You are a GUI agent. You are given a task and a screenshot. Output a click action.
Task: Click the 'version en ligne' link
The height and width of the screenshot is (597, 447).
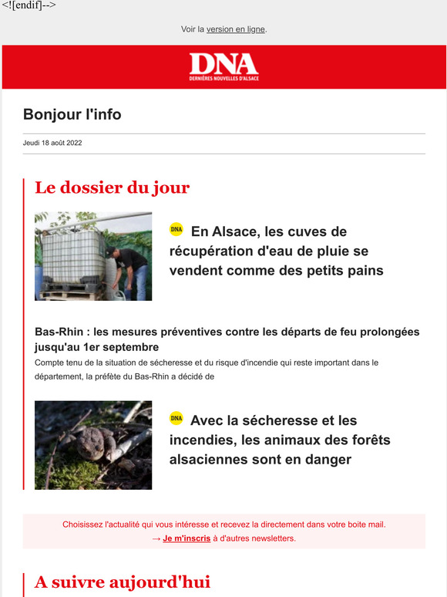point(235,29)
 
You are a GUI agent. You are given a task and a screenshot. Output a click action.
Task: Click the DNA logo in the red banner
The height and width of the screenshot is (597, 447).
point(223,66)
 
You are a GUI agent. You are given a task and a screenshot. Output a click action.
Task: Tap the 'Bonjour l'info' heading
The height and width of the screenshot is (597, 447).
point(72,115)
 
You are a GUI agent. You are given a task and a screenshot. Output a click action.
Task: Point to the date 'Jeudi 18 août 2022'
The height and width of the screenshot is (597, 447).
point(52,143)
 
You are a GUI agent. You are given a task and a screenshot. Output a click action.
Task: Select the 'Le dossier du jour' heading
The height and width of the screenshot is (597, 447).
point(112,187)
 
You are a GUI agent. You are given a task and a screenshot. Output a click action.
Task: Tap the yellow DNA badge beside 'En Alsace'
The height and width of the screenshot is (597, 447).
point(176,230)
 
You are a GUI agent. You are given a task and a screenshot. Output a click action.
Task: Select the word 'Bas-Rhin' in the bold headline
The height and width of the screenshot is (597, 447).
point(59,332)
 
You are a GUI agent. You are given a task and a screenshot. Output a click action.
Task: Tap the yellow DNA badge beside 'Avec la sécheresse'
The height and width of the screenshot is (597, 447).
point(176,419)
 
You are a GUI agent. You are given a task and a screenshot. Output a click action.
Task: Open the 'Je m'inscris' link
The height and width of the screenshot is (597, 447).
point(187,538)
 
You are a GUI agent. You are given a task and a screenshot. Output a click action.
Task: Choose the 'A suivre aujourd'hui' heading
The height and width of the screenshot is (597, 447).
point(123,582)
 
